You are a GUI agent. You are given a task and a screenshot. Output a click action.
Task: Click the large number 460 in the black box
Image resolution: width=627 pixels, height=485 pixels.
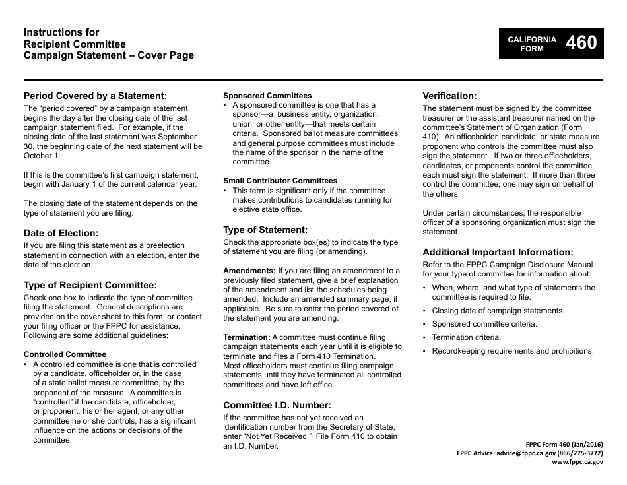point(581,43)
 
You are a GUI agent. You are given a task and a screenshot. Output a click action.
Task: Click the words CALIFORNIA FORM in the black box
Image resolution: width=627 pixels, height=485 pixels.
point(531,44)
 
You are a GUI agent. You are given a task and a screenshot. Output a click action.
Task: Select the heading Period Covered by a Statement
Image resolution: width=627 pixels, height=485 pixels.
point(95,95)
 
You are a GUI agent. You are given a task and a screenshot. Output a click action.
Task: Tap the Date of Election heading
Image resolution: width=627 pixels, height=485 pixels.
point(61,233)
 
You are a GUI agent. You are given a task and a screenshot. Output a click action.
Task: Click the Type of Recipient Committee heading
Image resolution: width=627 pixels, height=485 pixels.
point(90,285)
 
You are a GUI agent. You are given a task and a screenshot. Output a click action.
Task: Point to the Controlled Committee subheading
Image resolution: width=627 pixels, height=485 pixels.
point(65,354)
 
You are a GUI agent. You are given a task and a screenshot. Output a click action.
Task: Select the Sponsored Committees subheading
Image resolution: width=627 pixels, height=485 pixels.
point(267,96)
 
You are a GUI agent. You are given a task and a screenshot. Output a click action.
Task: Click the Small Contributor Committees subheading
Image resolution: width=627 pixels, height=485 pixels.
point(280,181)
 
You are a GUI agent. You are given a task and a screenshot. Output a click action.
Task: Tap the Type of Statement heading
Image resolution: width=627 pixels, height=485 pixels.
point(265,230)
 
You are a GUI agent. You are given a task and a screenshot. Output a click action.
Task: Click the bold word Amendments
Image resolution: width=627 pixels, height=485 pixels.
point(249,271)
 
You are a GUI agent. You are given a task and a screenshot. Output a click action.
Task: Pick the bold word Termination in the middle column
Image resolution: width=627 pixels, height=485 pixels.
point(247,337)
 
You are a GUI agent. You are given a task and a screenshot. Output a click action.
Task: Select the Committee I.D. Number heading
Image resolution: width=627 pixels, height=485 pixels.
point(277,405)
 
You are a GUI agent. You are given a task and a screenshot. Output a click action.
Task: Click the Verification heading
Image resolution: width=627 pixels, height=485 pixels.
point(449,96)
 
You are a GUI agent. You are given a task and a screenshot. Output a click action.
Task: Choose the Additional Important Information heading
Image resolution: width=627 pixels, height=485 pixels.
point(498,252)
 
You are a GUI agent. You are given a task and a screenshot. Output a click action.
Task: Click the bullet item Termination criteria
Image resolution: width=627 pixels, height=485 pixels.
point(466,337)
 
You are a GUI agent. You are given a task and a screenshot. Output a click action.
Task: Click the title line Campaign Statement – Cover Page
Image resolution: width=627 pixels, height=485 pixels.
point(109,55)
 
